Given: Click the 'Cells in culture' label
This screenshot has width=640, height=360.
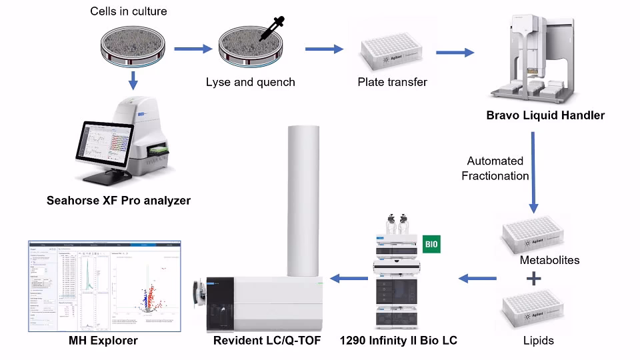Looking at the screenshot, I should [129, 11].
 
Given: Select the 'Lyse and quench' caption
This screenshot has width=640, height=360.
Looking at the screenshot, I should [250, 83].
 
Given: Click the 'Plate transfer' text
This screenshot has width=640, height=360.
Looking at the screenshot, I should [392, 83].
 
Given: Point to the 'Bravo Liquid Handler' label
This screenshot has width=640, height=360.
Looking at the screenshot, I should [545, 115].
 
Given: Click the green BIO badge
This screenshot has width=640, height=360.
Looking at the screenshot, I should [432, 244].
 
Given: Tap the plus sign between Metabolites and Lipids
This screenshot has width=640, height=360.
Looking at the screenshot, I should [531, 279].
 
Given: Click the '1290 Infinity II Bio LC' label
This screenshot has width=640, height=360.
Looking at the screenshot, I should [398, 341].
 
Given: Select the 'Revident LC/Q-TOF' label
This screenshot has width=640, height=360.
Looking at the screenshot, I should [267, 341].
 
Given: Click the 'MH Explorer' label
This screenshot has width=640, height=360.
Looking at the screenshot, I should [103, 341].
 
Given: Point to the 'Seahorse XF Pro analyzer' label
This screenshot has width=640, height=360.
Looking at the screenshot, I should [119, 200].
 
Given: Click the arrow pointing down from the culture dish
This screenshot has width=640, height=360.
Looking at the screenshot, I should [133, 80].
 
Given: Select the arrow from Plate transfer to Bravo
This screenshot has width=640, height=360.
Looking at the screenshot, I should [455, 51].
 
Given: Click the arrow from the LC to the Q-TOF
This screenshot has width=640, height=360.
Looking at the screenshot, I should [348, 278].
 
